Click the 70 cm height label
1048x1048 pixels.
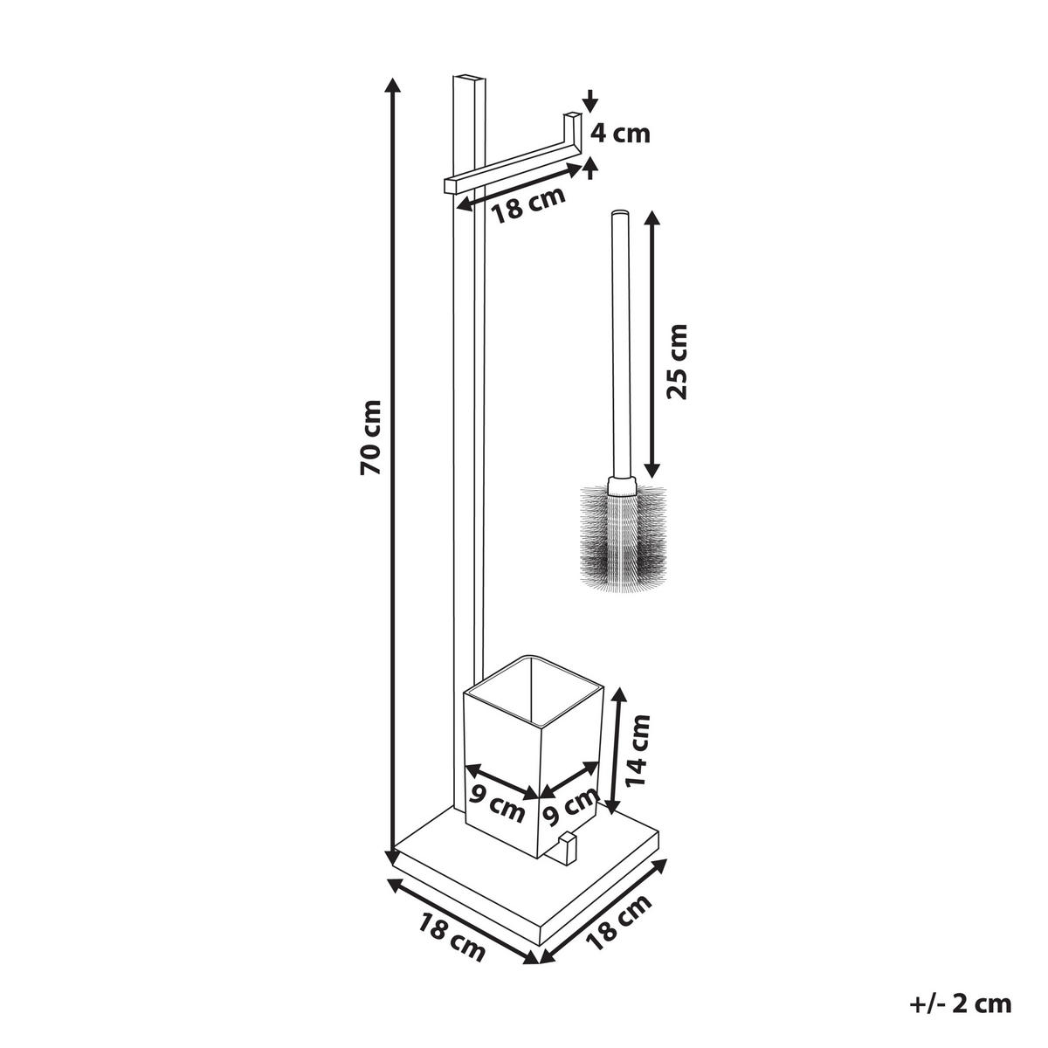pyautogui.click(x=371, y=438)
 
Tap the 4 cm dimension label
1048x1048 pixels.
pyautogui.click(x=621, y=134)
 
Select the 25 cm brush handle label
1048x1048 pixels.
pyautogui.click(x=677, y=362)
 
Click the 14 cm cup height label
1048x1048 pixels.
pyautogui.click(x=638, y=758)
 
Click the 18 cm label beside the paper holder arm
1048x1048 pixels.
pyautogui.click(x=529, y=205)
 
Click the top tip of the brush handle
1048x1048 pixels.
pyautogui.click(x=619, y=212)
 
